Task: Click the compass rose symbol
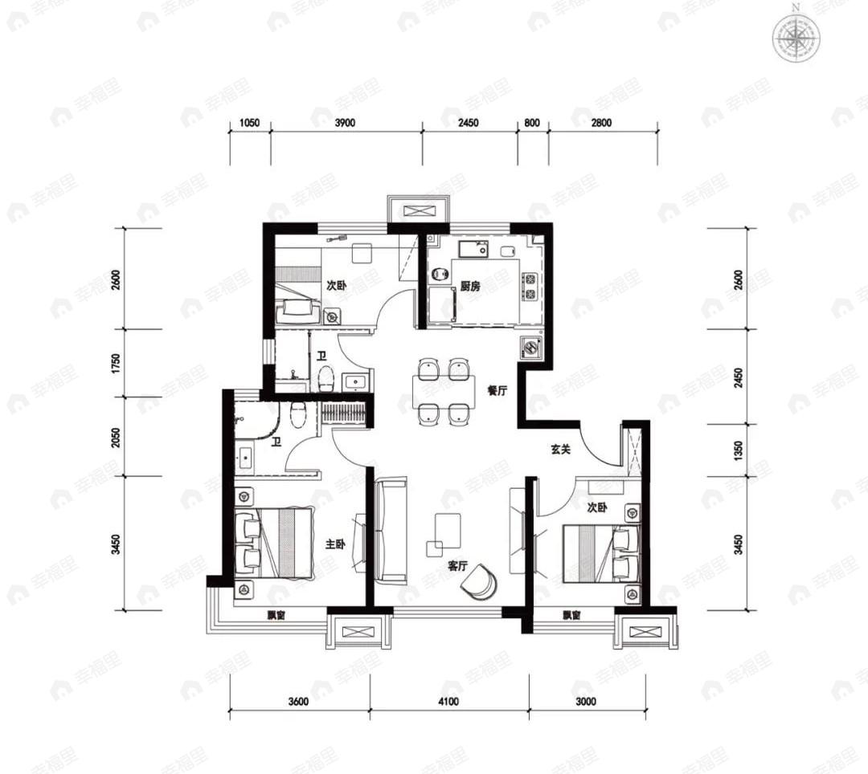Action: point(796,39)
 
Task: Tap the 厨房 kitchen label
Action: point(470,287)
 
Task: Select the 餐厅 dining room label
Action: point(497,390)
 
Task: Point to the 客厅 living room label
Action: point(458,566)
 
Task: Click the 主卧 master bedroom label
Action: point(335,544)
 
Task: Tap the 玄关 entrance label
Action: point(560,450)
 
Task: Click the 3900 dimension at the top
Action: point(345,123)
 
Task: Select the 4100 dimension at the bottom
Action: point(448,702)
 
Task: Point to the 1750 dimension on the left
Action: point(116,363)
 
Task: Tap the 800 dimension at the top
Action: point(531,123)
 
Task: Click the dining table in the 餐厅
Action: point(443,392)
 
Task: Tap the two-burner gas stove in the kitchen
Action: point(530,287)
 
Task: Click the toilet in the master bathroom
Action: point(298,414)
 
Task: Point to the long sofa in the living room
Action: point(391,532)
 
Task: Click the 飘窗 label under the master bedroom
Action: point(276,615)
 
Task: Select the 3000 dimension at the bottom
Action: point(586,702)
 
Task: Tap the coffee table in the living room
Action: point(448,529)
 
